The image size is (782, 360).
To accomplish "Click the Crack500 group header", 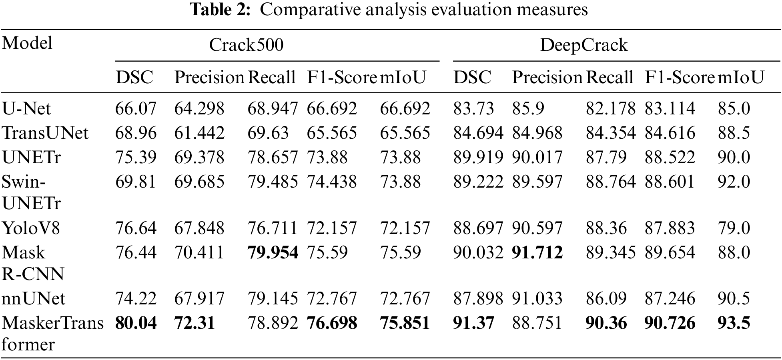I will (x=246, y=45).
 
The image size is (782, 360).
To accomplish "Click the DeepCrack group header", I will (x=583, y=45).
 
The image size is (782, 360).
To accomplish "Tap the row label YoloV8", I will (x=31, y=228).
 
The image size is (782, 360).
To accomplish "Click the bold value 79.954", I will (x=273, y=252).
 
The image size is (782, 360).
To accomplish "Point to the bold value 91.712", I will (x=537, y=252).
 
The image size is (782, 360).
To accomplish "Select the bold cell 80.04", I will (x=136, y=323).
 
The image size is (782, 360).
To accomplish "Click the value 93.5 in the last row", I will (x=734, y=323).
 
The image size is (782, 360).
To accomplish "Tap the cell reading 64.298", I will (x=199, y=109).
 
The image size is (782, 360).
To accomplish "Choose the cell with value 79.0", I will (x=734, y=228).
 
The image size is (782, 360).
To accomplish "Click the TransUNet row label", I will (x=45, y=133).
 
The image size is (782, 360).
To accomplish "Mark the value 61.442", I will (x=199, y=133).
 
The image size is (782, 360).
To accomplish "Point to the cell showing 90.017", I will (x=537, y=157).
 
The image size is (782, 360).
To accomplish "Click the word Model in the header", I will (x=27, y=42).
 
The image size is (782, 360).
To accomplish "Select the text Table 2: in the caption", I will (x=220, y=9).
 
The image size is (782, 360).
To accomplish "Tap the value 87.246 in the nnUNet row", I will (x=670, y=299).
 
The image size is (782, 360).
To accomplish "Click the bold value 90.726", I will (x=670, y=323).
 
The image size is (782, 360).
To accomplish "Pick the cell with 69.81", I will (x=136, y=182).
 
